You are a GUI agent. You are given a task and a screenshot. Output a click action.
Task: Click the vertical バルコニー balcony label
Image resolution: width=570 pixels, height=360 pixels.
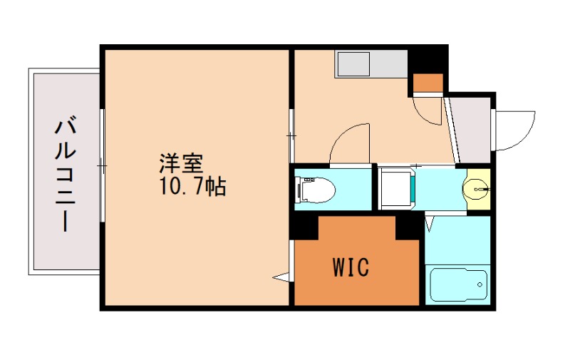click(x=66, y=175)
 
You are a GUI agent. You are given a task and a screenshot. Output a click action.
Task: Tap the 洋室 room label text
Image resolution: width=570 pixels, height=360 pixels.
click(x=180, y=163)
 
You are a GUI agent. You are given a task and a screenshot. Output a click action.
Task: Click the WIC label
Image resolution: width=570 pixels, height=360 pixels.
click(x=350, y=267)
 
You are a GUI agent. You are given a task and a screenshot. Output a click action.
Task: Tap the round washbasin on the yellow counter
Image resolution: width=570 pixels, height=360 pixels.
click(x=477, y=190)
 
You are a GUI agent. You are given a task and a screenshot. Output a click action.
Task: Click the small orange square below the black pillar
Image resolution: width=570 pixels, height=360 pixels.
click(x=428, y=83)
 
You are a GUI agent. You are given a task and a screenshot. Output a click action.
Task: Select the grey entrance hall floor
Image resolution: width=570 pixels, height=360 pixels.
click(x=472, y=128)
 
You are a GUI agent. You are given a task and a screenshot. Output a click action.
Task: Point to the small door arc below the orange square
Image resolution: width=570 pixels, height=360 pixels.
click(x=430, y=110)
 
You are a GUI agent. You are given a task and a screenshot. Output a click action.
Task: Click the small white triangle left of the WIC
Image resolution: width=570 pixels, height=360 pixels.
click(x=281, y=275)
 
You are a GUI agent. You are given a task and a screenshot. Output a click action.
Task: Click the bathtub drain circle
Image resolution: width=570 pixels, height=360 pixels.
click(x=482, y=289)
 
